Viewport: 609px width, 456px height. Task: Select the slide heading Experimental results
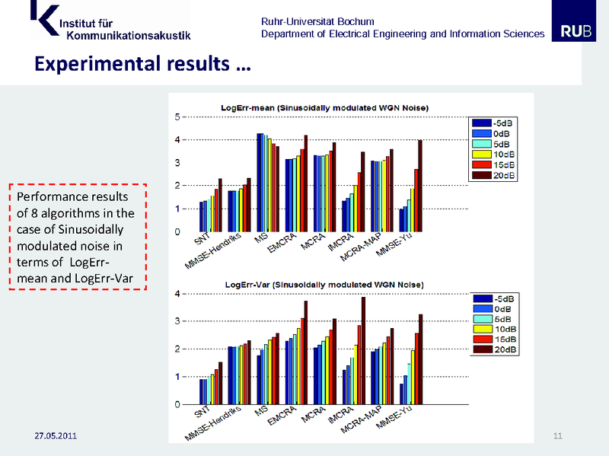pyautogui.click(x=142, y=63)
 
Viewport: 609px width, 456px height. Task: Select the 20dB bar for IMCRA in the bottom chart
pyautogui.click(x=363, y=350)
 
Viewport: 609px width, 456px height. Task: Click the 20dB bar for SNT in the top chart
pyautogui.click(x=220, y=205)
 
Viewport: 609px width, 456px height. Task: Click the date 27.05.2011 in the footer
pyautogui.click(x=56, y=436)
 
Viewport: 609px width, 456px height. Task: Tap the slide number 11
pyautogui.click(x=557, y=435)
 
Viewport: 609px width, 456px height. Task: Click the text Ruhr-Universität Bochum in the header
pyautogui.click(x=317, y=21)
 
